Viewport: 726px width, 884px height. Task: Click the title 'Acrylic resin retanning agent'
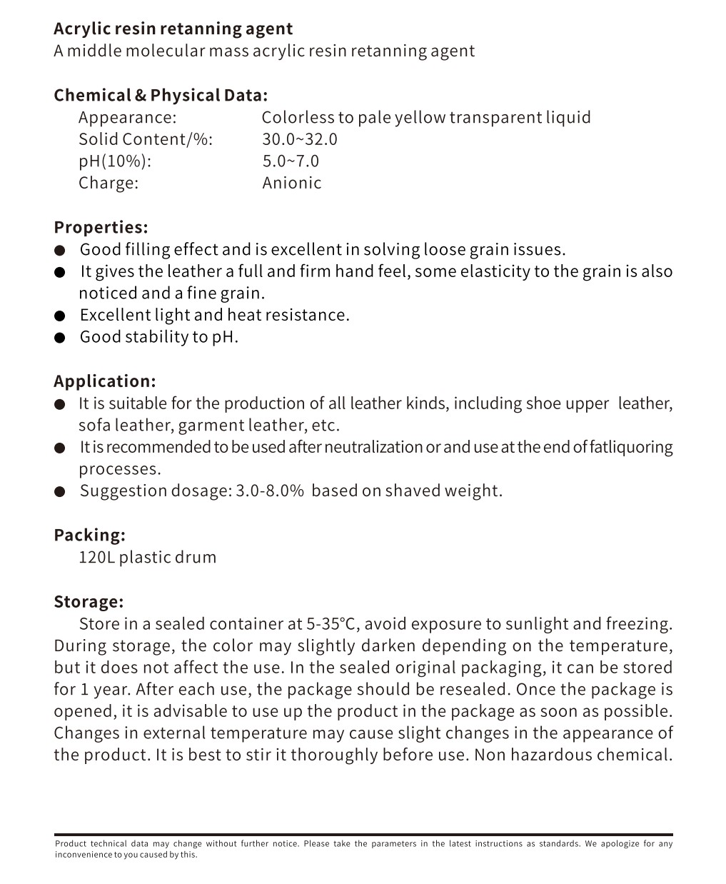(173, 29)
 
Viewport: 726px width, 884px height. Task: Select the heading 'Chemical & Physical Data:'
(161, 95)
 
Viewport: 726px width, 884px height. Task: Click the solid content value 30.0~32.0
(299, 139)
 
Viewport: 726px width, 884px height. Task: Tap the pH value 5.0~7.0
(291, 161)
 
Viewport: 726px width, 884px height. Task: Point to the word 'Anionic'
(291, 183)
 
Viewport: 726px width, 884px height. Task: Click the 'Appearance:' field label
(127, 117)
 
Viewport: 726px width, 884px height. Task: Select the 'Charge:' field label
(109, 183)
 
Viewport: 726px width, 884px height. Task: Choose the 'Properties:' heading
(101, 227)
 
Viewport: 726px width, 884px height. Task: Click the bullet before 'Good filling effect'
(61, 250)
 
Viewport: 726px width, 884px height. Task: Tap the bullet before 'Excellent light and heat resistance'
(61, 316)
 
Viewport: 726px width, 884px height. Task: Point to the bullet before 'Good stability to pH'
(61, 338)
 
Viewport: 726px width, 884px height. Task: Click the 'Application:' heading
(104, 381)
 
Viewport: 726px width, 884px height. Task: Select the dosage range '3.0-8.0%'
(270, 491)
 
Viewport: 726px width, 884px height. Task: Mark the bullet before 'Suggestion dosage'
(61, 491)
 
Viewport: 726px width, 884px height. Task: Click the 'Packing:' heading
(89, 535)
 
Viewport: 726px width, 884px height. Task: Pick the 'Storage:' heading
(89, 601)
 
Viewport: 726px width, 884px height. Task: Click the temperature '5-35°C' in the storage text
(333, 623)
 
